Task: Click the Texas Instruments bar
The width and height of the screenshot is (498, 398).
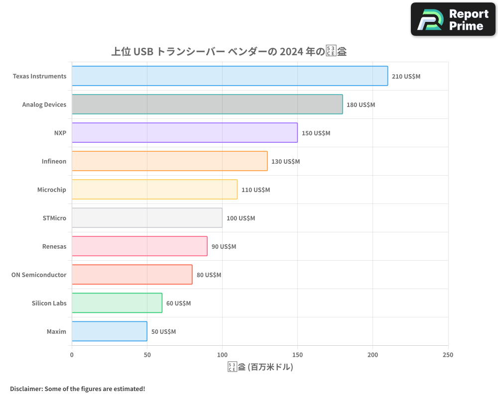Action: click(230, 76)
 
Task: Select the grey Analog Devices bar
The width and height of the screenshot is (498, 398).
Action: click(207, 104)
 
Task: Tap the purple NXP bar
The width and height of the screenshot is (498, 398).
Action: click(185, 133)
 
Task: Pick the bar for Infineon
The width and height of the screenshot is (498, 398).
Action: click(169, 161)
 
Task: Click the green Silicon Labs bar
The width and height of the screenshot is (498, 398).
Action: click(117, 303)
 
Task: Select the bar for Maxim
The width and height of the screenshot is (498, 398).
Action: click(110, 331)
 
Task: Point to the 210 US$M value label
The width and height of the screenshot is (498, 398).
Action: click(406, 77)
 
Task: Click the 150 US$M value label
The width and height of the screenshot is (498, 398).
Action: click(316, 133)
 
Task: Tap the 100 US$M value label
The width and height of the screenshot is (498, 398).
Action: click(241, 218)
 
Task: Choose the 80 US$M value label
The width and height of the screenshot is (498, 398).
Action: click(209, 275)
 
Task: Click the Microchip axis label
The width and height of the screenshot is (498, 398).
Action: click(51, 190)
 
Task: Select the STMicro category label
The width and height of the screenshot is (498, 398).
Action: click(54, 218)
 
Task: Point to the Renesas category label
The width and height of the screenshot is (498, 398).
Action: click(54, 246)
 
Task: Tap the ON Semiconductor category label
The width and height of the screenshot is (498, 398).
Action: click(39, 275)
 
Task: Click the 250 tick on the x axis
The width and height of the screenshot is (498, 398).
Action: click(448, 355)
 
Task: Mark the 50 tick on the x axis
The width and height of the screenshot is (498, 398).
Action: click(147, 355)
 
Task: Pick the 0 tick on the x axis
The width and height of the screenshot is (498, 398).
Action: click(72, 355)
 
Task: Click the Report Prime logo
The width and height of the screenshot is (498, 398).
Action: click(453, 19)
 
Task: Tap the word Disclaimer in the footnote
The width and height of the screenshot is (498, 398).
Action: click(26, 389)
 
